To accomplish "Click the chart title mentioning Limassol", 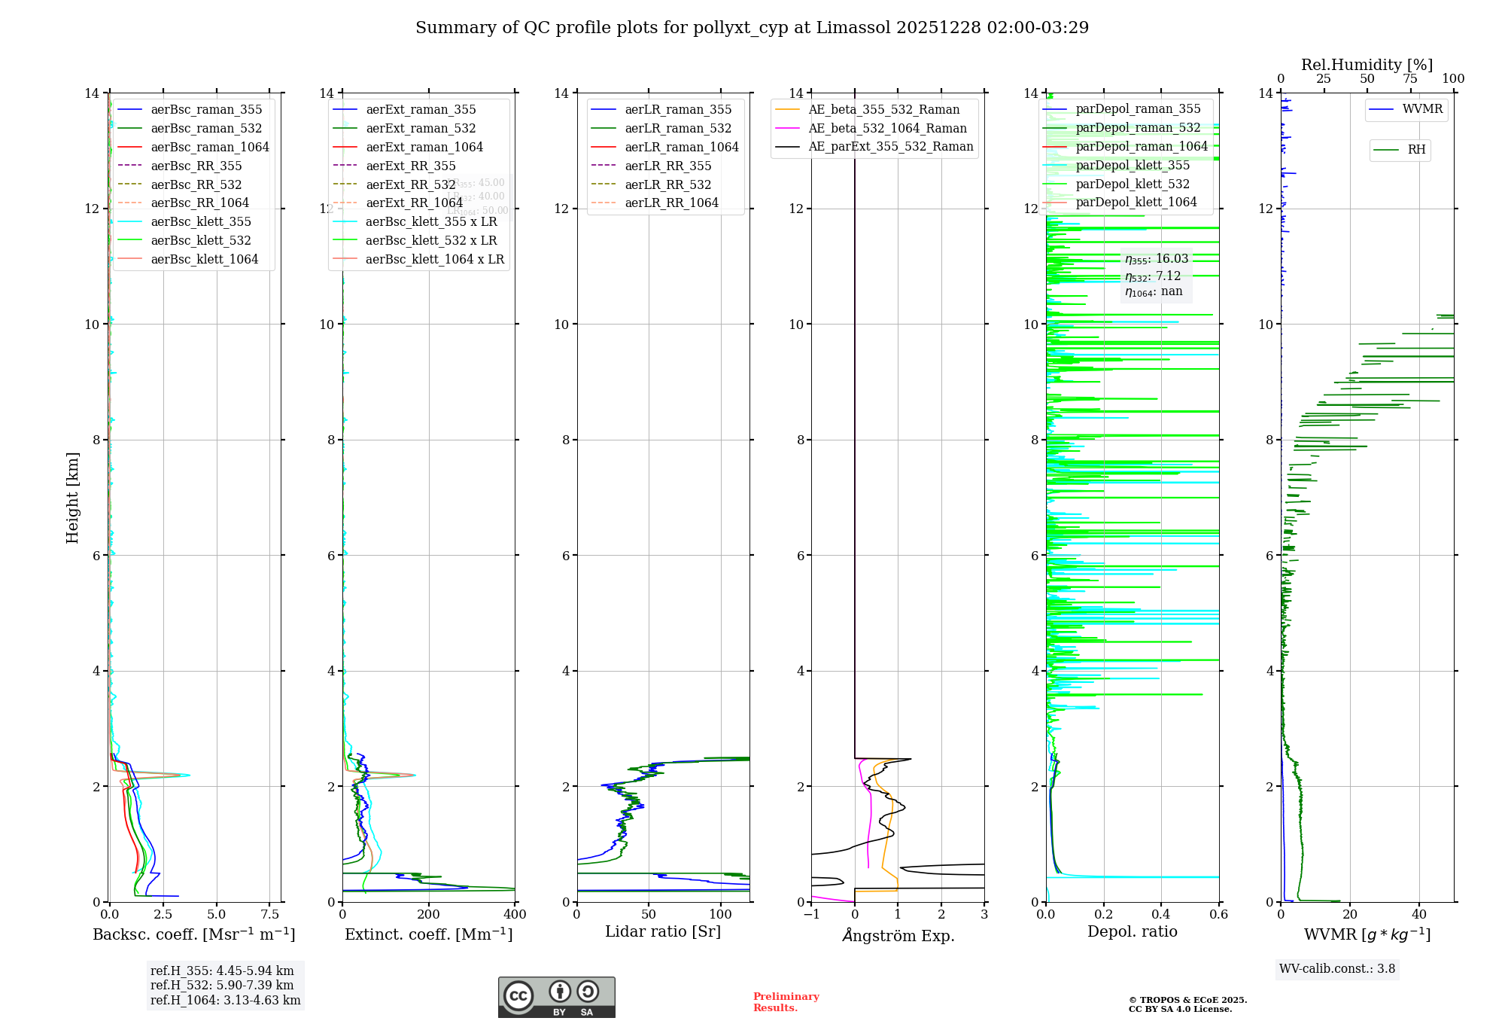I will point(752,28).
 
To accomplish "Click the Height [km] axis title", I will point(72,498).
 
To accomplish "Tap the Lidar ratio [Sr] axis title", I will point(663,931).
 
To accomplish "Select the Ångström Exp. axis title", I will point(898,935).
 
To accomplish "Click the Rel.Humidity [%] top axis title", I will point(1367,65).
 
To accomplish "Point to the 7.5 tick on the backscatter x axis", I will point(269,914).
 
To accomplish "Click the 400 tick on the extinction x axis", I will point(515,914).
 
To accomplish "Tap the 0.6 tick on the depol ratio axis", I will point(1218,914).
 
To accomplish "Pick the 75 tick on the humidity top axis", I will point(1409,79).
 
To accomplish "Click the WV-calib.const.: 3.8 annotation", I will point(1337,969).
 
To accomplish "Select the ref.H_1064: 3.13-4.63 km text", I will point(225,1000).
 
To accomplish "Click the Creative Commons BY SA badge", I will point(556,997).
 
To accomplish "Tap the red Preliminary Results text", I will point(786,1001).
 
